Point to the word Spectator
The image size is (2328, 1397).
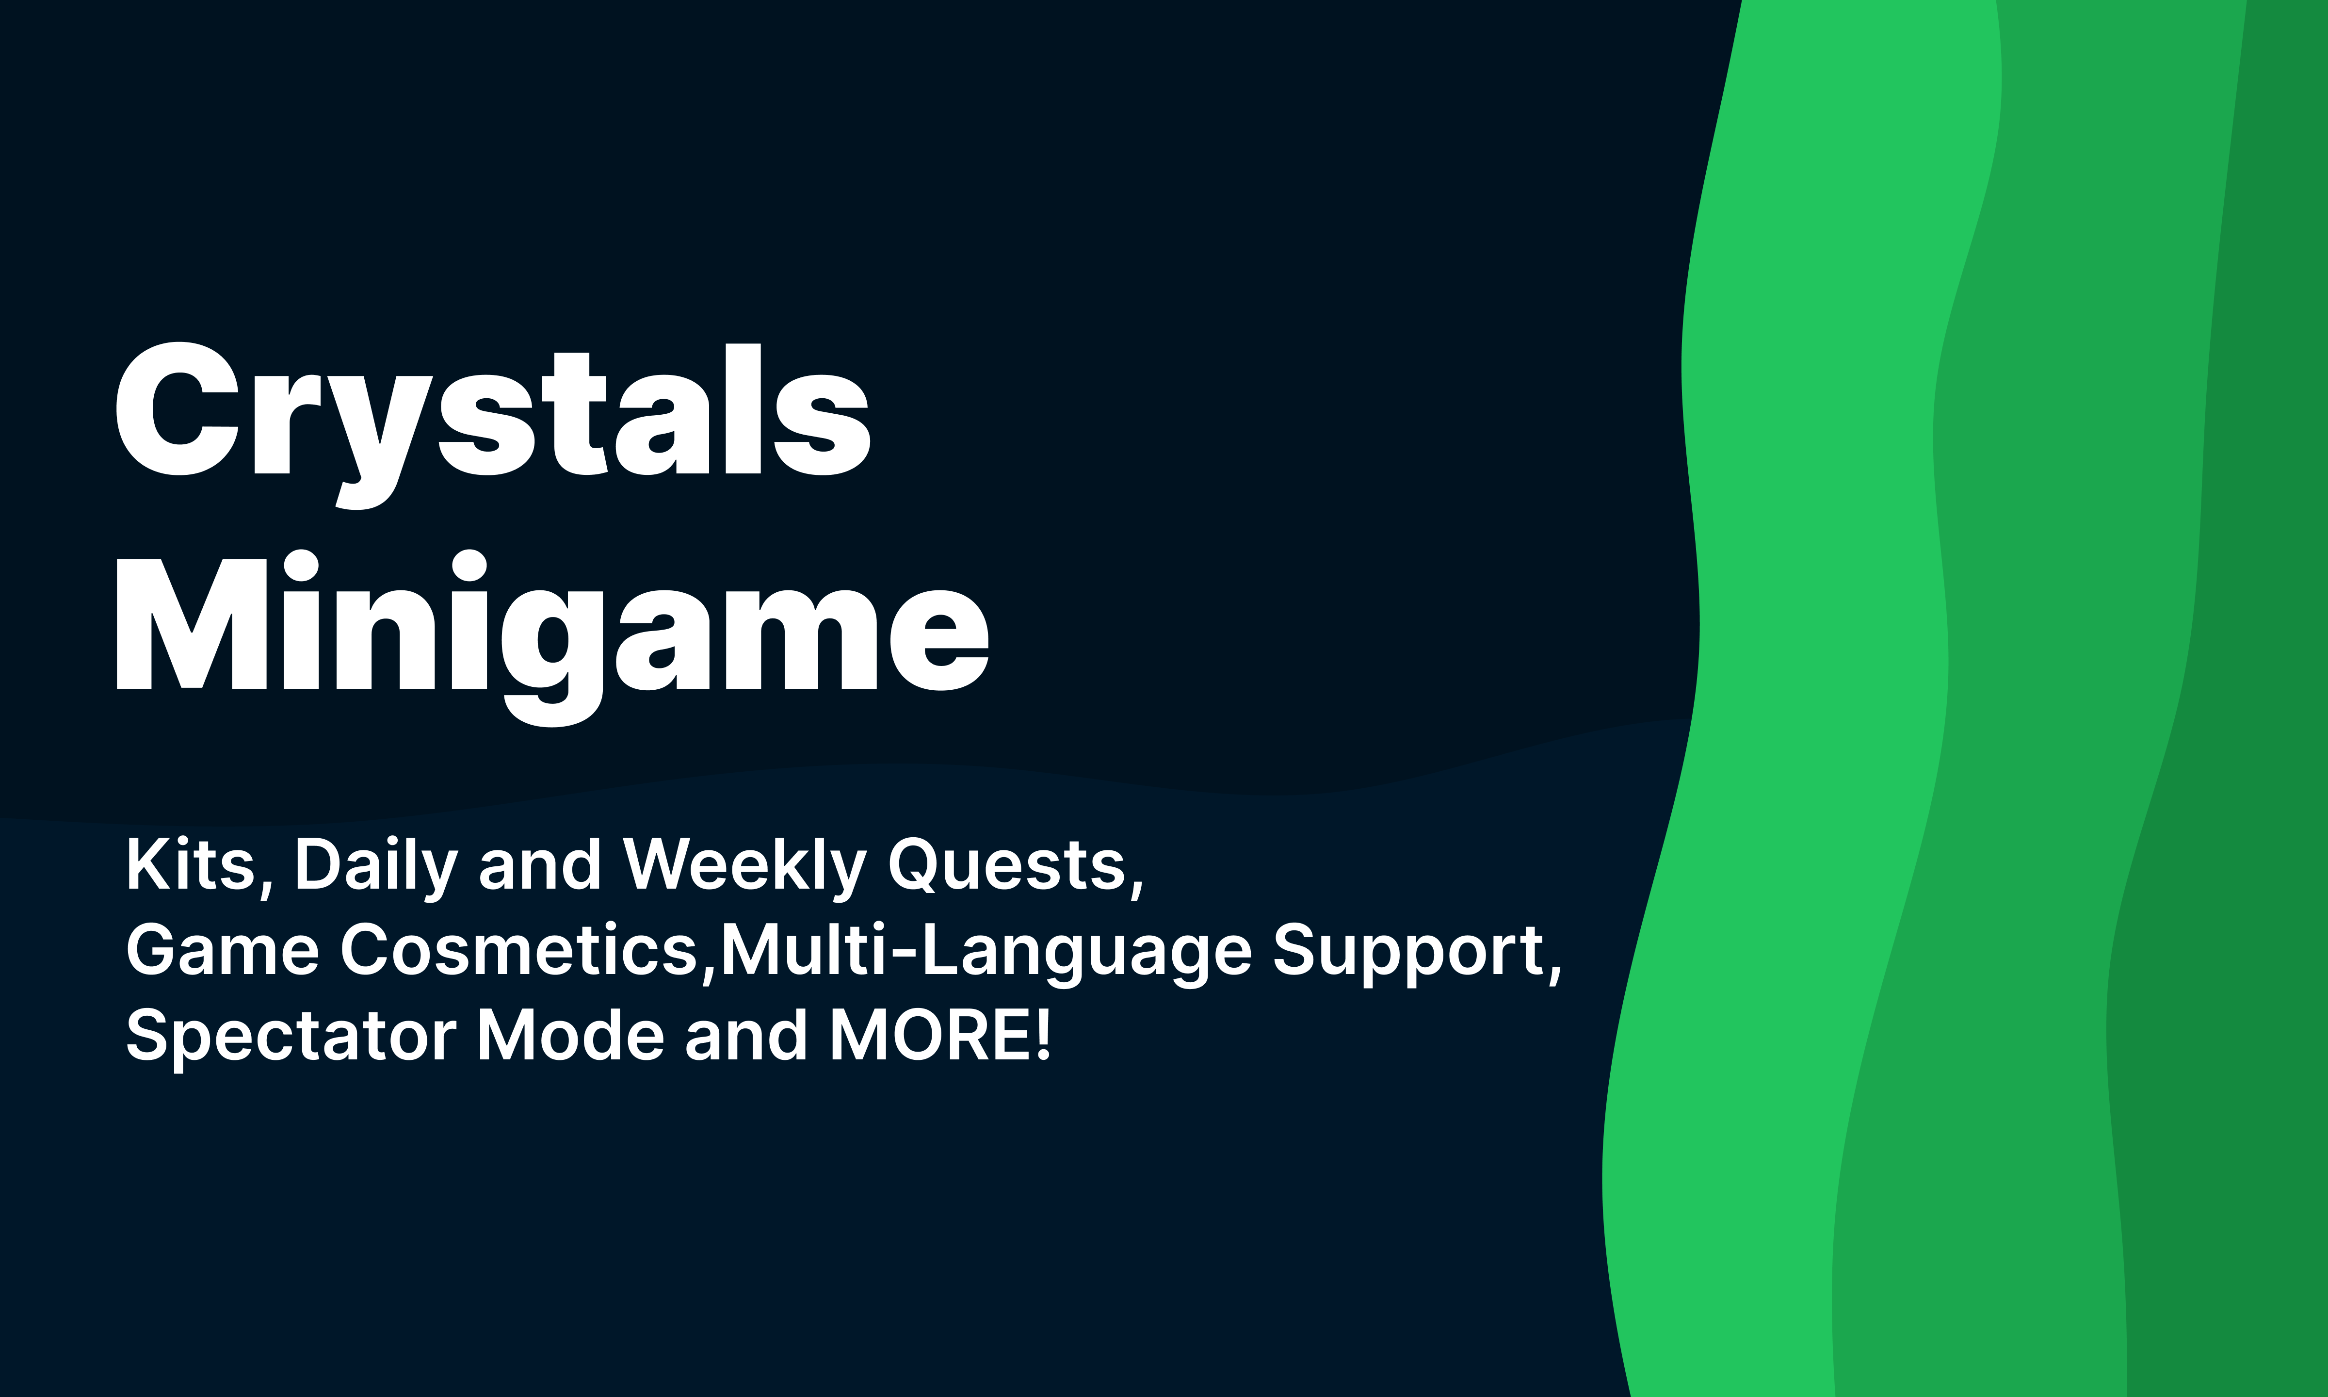tap(291, 1036)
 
